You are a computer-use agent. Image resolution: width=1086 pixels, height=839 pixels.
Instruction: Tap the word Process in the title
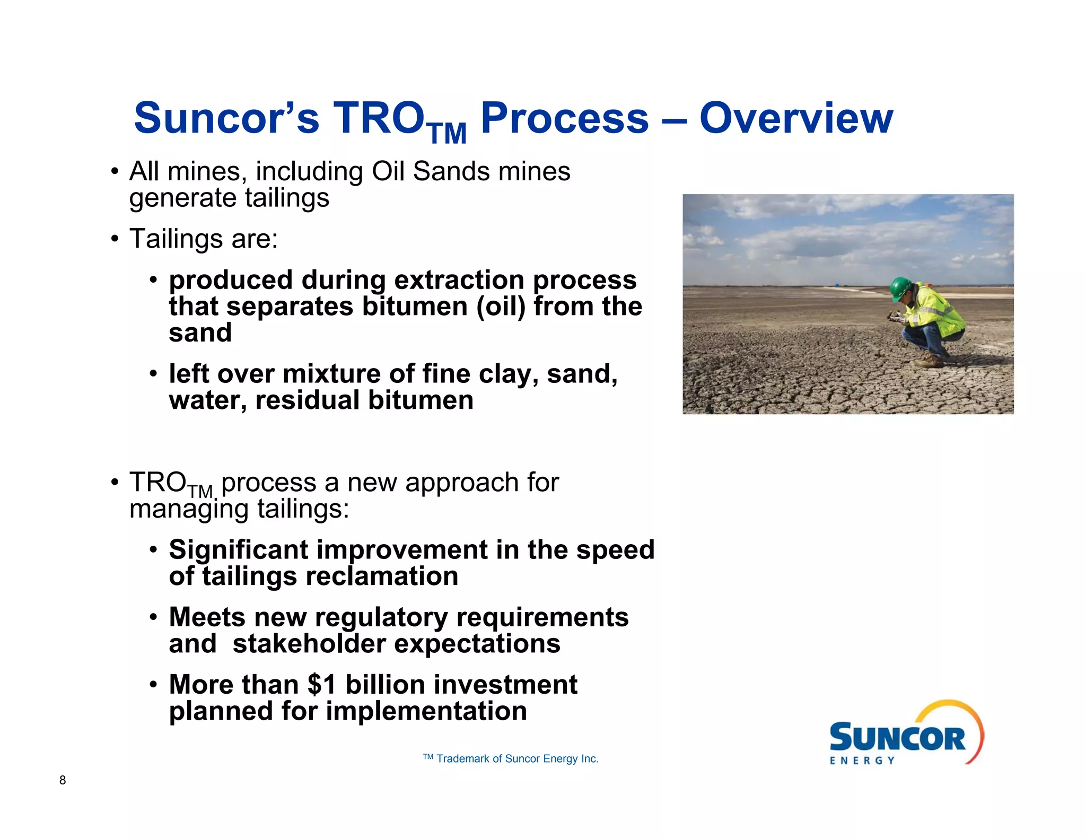(x=564, y=119)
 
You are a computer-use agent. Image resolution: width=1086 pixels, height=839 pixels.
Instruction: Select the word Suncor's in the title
(x=226, y=118)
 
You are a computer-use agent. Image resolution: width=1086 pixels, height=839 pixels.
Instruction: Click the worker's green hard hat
(x=900, y=288)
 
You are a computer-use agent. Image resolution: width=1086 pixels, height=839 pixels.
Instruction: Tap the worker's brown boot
(x=929, y=361)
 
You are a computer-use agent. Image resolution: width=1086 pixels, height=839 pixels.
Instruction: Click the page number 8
(x=63, y=780)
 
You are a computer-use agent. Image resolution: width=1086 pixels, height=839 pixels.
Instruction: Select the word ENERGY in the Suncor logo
(x=862, y=761)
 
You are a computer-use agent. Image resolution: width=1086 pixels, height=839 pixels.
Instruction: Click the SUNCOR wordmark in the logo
(x=897, y=738)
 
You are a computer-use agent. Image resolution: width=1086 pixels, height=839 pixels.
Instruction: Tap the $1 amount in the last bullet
(x=322, y=684)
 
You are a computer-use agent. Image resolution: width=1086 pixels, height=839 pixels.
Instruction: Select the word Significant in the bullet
(x=239, y=550)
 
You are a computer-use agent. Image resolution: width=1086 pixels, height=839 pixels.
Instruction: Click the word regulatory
(x=381, y=618)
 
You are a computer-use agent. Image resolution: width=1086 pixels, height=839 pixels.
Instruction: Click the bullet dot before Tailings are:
(x=115, y=239)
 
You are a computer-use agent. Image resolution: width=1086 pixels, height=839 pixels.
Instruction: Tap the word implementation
(x=426, y=711)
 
